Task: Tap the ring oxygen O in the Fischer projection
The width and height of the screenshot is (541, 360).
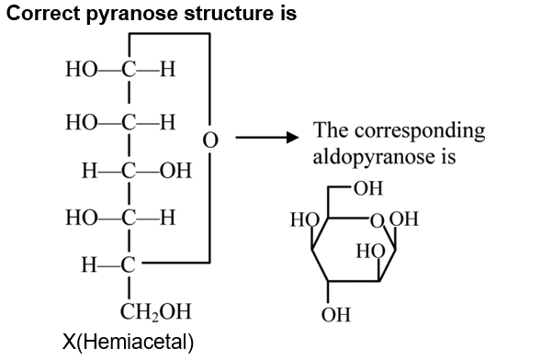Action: [x=210, y=141]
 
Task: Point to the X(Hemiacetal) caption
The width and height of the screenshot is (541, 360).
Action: [x=128, y=343]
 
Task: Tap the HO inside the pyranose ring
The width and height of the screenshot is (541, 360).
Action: [x=370, y=251]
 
